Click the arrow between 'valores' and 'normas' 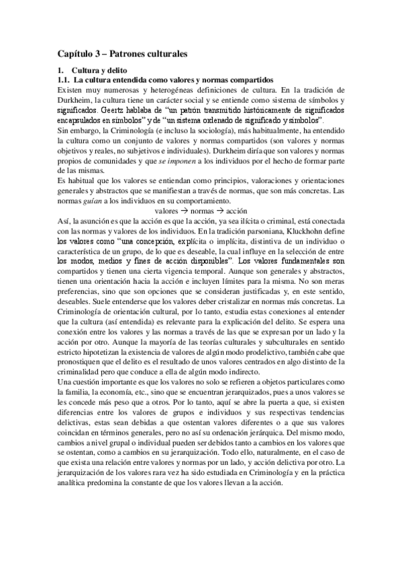pyautogui.click(x=177, y=211)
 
